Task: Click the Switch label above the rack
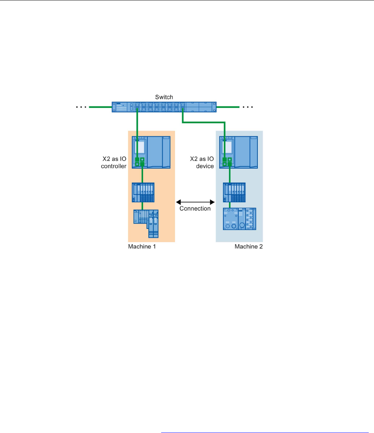tap(164, 97)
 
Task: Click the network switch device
tap(164, 107)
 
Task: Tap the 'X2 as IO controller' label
tap(114, 162)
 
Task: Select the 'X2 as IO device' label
tap(202, 162)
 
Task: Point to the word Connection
tap(195, 209)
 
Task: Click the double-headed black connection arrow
tap(195, 202)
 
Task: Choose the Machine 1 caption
tap(142, 246)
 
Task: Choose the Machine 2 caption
tap(248, 246)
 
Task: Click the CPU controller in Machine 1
tap(151, 152)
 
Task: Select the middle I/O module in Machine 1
tap(143, 193)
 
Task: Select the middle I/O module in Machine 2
tap(234, 193)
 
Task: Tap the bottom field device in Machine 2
tap(239, 219)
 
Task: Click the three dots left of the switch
tap(81, 107)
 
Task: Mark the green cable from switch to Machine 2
tap(204, 122)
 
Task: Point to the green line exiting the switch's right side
tap(228, 107)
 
